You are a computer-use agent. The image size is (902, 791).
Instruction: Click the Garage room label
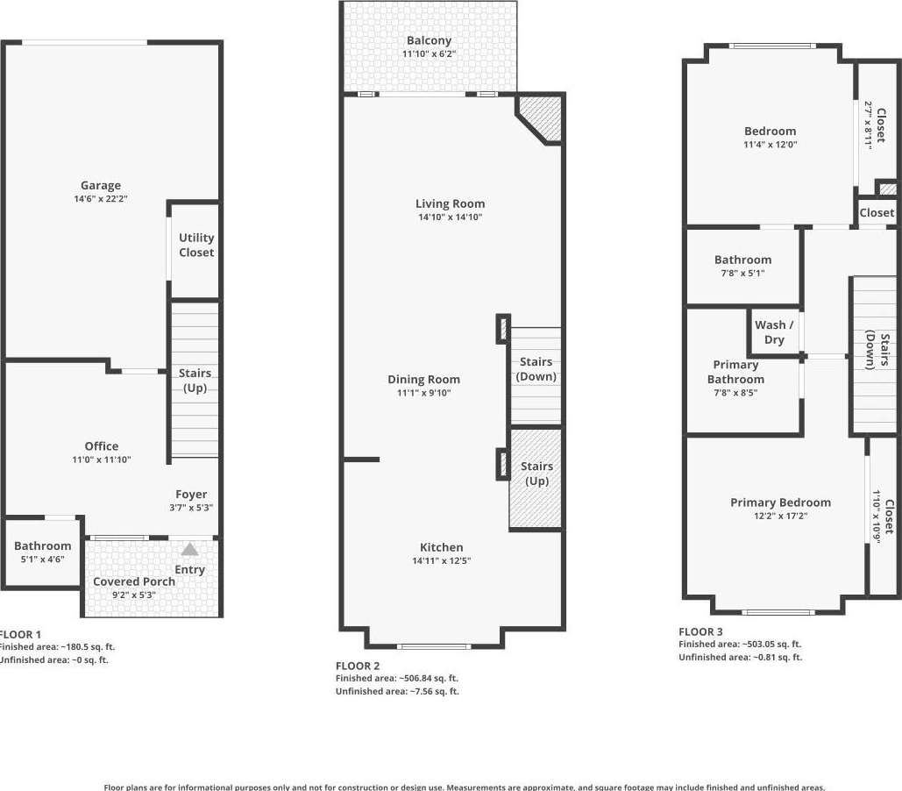tap(101, 185)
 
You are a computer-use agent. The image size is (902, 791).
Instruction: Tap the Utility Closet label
tap(196, 245)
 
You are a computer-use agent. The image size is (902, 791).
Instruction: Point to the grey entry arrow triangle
tap(190, 549)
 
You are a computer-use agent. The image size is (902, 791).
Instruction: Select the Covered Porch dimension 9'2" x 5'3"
tap(134, 595)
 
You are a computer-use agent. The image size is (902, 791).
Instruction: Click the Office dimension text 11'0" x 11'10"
tap(102, 460)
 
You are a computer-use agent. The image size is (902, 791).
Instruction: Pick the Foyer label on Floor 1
tap(191, 495)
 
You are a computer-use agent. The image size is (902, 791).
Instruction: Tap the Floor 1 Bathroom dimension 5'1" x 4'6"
tap(43, 559)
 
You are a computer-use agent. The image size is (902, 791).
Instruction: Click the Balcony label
tap(430, 41)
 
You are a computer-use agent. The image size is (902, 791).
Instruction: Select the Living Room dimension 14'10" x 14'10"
tap(451, 217)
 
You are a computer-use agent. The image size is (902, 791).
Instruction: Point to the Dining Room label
tap(424, 380)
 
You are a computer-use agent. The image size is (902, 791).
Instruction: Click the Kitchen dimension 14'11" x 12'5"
tap(442, 560)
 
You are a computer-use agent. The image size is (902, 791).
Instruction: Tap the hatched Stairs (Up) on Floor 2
tap(536, 478)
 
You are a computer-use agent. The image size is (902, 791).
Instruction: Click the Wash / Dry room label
tap(774, 332)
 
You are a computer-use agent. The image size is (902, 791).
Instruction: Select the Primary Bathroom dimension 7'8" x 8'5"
tap(735, 393)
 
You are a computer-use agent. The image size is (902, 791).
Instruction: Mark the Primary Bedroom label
tap(781, 502)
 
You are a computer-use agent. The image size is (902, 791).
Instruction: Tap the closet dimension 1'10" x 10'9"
tap(877, 517)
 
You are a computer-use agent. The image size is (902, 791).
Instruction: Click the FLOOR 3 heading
tap(700, 631)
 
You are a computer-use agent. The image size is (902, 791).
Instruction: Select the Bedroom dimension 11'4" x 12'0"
tap(771, 145)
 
